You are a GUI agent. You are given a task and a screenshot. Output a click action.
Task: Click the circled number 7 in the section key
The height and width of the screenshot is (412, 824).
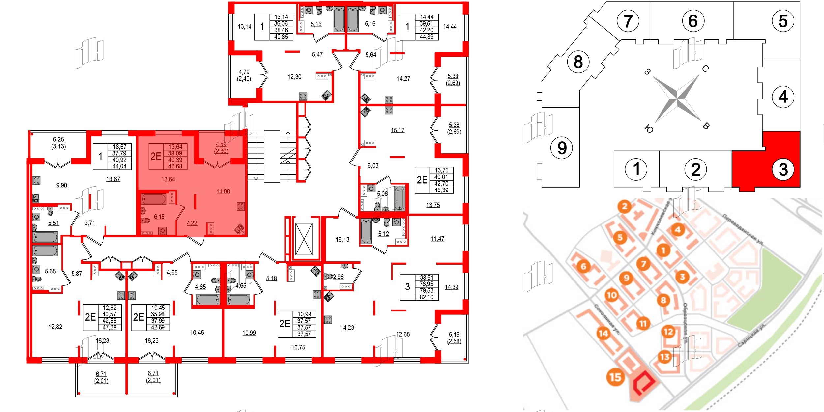628,21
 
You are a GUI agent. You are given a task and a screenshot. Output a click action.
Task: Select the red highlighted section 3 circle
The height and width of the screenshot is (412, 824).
783,169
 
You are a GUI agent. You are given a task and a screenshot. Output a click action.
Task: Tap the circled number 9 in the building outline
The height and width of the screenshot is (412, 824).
562,148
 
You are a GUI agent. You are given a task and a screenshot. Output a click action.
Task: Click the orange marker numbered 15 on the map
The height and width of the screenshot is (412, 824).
615,377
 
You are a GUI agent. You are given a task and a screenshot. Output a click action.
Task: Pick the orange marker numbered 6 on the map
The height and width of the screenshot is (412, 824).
583,266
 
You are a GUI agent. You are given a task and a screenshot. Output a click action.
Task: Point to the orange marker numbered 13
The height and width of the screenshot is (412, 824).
664,357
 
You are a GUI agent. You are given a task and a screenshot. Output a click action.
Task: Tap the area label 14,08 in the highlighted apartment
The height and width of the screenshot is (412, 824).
223,191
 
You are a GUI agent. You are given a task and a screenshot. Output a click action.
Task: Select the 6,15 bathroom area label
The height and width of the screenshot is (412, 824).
159,217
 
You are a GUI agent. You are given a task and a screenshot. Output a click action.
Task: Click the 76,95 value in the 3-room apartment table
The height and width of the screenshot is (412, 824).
426,284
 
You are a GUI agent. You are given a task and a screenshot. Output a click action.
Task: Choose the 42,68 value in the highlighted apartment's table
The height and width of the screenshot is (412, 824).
175,166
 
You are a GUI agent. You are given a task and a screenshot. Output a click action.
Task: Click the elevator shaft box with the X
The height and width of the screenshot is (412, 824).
304,239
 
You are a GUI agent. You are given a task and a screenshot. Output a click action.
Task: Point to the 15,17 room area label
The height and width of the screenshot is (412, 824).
397,130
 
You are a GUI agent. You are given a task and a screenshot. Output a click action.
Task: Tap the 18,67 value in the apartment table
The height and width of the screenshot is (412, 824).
119,147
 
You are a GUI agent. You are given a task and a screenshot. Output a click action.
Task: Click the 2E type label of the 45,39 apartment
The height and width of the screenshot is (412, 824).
422,180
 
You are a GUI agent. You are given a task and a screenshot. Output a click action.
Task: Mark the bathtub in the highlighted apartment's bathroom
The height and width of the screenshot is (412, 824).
154,199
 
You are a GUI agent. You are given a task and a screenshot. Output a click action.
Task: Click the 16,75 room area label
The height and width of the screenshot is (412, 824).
298,347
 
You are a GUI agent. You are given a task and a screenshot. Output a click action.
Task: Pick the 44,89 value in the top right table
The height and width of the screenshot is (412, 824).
427,37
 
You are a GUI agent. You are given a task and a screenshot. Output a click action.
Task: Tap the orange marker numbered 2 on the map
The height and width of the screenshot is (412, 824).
624,207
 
